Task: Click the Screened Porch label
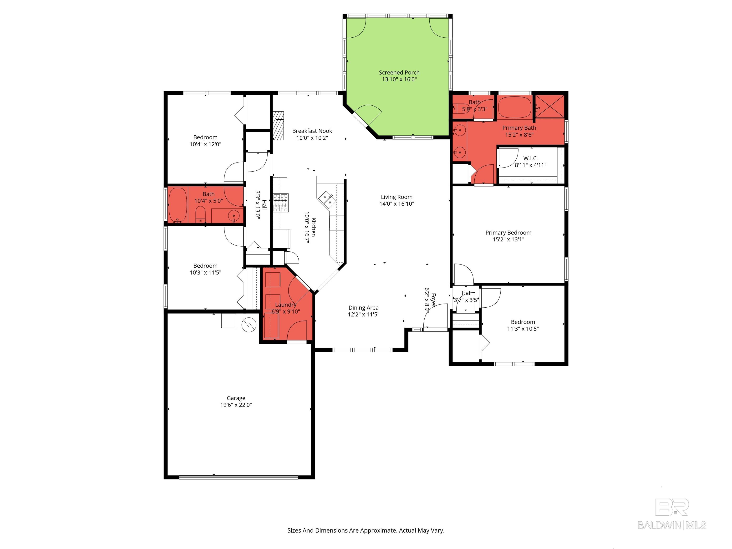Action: [x=399, y=72]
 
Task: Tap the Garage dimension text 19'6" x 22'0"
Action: [x=236, y=405]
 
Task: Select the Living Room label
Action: [x=396, y=197]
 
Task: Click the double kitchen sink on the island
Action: [x=327, y=199]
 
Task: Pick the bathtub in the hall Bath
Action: [x=178, y=205]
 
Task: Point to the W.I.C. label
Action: [x=530, y=158]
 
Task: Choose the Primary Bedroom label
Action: [x=508, y=233]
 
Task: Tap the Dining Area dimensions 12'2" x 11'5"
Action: [x=363, y=314]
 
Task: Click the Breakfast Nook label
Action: [x=312, y=131]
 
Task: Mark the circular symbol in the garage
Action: [x=249, y=325]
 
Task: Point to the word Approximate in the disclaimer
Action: [x=378, y=530]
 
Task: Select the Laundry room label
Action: [x=286, y=305]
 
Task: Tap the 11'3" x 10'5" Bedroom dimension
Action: [x=523, y=329]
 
